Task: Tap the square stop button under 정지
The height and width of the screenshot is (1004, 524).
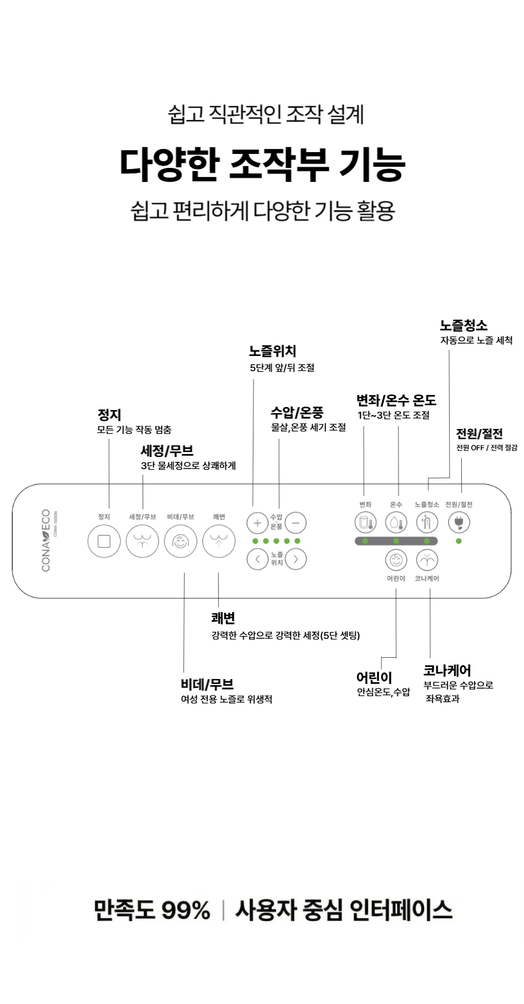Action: (x=104, y=541)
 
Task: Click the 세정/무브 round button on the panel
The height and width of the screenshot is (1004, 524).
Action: (x=142, y=541)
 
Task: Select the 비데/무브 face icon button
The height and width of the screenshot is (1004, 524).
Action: (x=180, y=541)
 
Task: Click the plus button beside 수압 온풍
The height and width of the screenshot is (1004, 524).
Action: (x=258, y=523)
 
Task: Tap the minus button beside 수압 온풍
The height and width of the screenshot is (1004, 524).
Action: (x=296, y=523)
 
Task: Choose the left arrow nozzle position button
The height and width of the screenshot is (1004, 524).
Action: (x=258, y=559)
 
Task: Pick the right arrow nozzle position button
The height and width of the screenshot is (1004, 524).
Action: (x=296, y=559)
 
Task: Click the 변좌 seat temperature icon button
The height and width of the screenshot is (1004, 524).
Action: (x=365, y=522)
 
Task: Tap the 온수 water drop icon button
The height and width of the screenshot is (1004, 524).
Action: (x=396, y=522)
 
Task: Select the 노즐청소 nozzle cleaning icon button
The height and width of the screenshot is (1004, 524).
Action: (x=427, y=522)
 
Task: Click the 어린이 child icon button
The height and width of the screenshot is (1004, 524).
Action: (x=396, y=560)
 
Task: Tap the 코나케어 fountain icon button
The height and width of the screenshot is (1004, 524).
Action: (x=427, y=560)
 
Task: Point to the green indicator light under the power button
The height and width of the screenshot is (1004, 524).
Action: (x=458, y=541)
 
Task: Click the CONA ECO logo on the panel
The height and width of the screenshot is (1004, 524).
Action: (x=46, y=540)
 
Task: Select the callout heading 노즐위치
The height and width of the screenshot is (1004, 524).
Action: (x=273, y=351)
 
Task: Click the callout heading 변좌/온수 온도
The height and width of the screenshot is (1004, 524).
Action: (x=396, y=400)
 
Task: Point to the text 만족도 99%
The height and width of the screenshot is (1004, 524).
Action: (x=152, y=910)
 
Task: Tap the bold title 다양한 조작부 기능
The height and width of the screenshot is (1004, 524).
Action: (x=263, y=164)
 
